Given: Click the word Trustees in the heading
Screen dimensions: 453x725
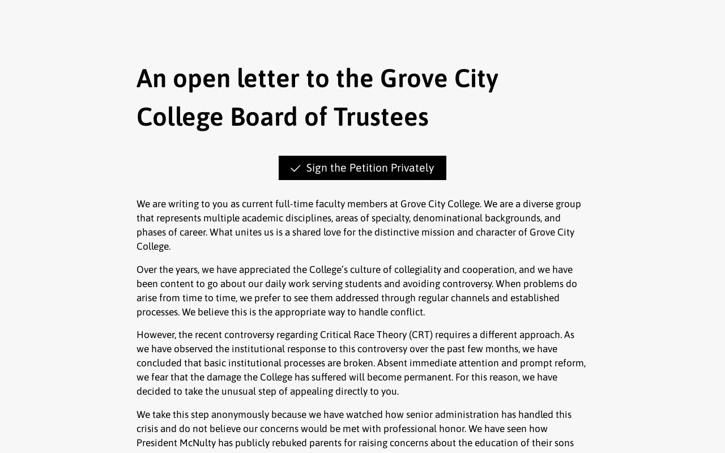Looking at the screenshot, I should pos(381,117).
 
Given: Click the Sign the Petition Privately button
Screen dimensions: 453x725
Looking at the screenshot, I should pos(362,168).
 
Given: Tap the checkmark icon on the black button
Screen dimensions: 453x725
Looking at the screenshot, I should pos(295,168).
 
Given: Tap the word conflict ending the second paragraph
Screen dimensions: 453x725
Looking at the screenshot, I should pos(408,312).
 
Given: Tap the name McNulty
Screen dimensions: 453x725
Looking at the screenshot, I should pos(198,443).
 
